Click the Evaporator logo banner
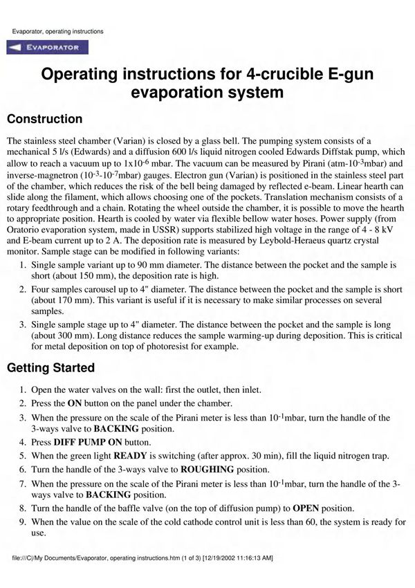tap(47, 48)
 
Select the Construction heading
tap(44, 119)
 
